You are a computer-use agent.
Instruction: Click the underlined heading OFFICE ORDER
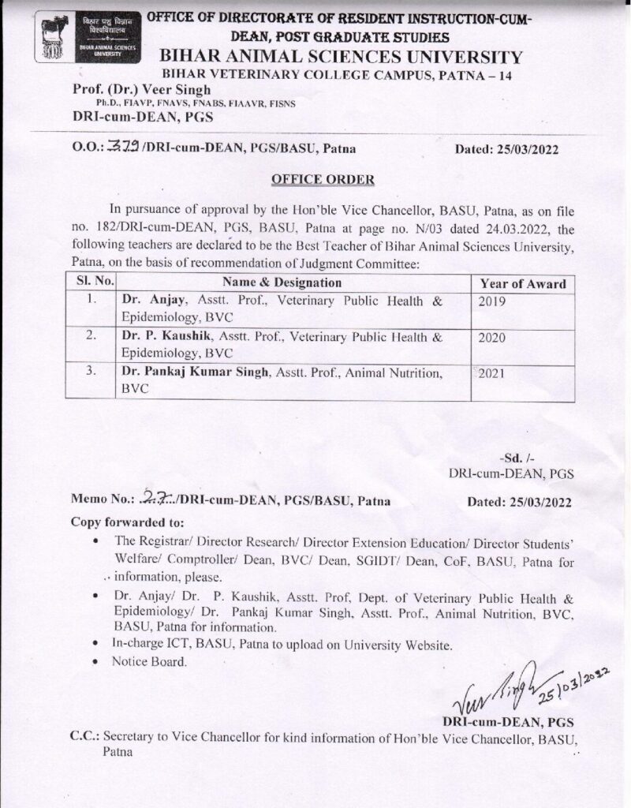click(x=314, y=179)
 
